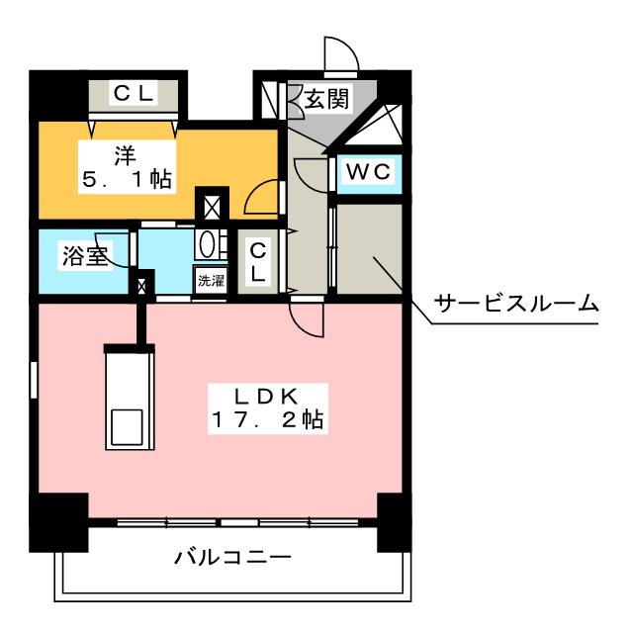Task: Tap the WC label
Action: pos(369,171)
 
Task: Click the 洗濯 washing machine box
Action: pos(210,280)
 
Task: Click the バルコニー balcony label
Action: pos(232,557)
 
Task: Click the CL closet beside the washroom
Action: pos(256,263)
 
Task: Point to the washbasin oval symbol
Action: pos(209,243)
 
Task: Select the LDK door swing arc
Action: pos(307,316)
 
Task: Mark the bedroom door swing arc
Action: pos(261,198)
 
